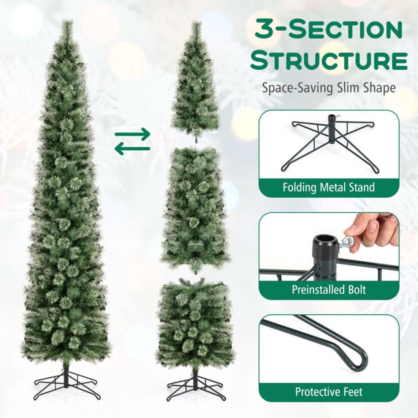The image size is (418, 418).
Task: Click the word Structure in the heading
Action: coord(329,61)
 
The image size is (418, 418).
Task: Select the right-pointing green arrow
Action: coord(133,134)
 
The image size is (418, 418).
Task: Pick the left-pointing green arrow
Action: coord(133,149)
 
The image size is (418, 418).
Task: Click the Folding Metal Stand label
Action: coord(329,187)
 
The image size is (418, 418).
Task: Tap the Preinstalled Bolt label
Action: coord(329,290)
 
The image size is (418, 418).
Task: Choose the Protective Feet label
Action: coord(329,392)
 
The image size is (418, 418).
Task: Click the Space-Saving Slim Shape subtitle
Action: coord(329,88)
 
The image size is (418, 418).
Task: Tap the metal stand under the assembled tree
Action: coord(66,384)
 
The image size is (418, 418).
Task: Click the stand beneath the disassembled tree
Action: coord(195,385)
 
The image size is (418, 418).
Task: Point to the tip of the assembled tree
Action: coord(67,20)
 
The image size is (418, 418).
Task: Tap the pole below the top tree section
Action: coord(196,140)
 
